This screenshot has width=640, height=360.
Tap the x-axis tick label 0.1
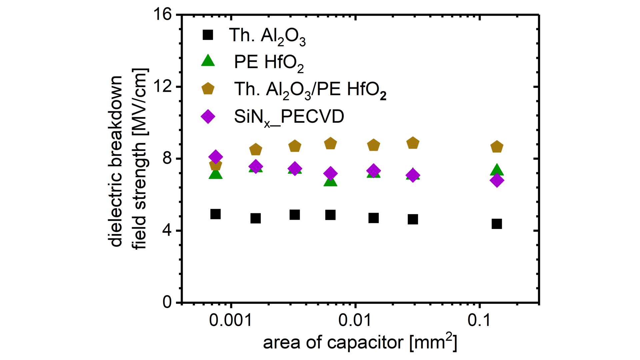[x=479, y=320]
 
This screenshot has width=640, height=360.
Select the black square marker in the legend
[x=208, y=35]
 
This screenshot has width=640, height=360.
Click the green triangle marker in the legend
[x=208, y=61]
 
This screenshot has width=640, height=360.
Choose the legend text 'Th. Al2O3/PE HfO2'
[x=310, y=90]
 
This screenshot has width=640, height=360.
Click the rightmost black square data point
[x=497, y=224]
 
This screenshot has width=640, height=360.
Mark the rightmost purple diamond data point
[x=497, y=180]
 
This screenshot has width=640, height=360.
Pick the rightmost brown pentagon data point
[x=497, y=147]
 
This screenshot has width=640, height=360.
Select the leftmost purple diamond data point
[x=216, y=157]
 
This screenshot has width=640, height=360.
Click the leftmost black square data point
[x=216, y=214]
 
